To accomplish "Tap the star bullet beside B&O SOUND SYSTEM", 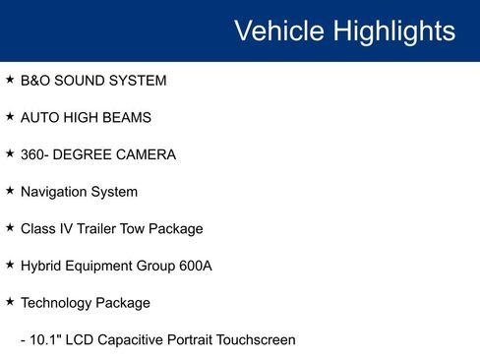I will tap(10, 79).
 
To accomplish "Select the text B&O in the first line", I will tap(35, 81).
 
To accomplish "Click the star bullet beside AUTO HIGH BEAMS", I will tap(10, 116).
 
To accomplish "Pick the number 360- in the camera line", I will tap(37, 154).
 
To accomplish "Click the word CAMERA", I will tap(148, 154).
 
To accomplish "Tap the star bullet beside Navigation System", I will tap(10, 190).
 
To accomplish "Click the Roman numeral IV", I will tap(70, 229).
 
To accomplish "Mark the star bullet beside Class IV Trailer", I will tap(10, 227).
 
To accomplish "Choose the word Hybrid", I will tap(41, 267).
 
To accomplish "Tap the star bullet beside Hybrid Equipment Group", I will tap(10, 265).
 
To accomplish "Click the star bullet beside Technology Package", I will tap(10, 301).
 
